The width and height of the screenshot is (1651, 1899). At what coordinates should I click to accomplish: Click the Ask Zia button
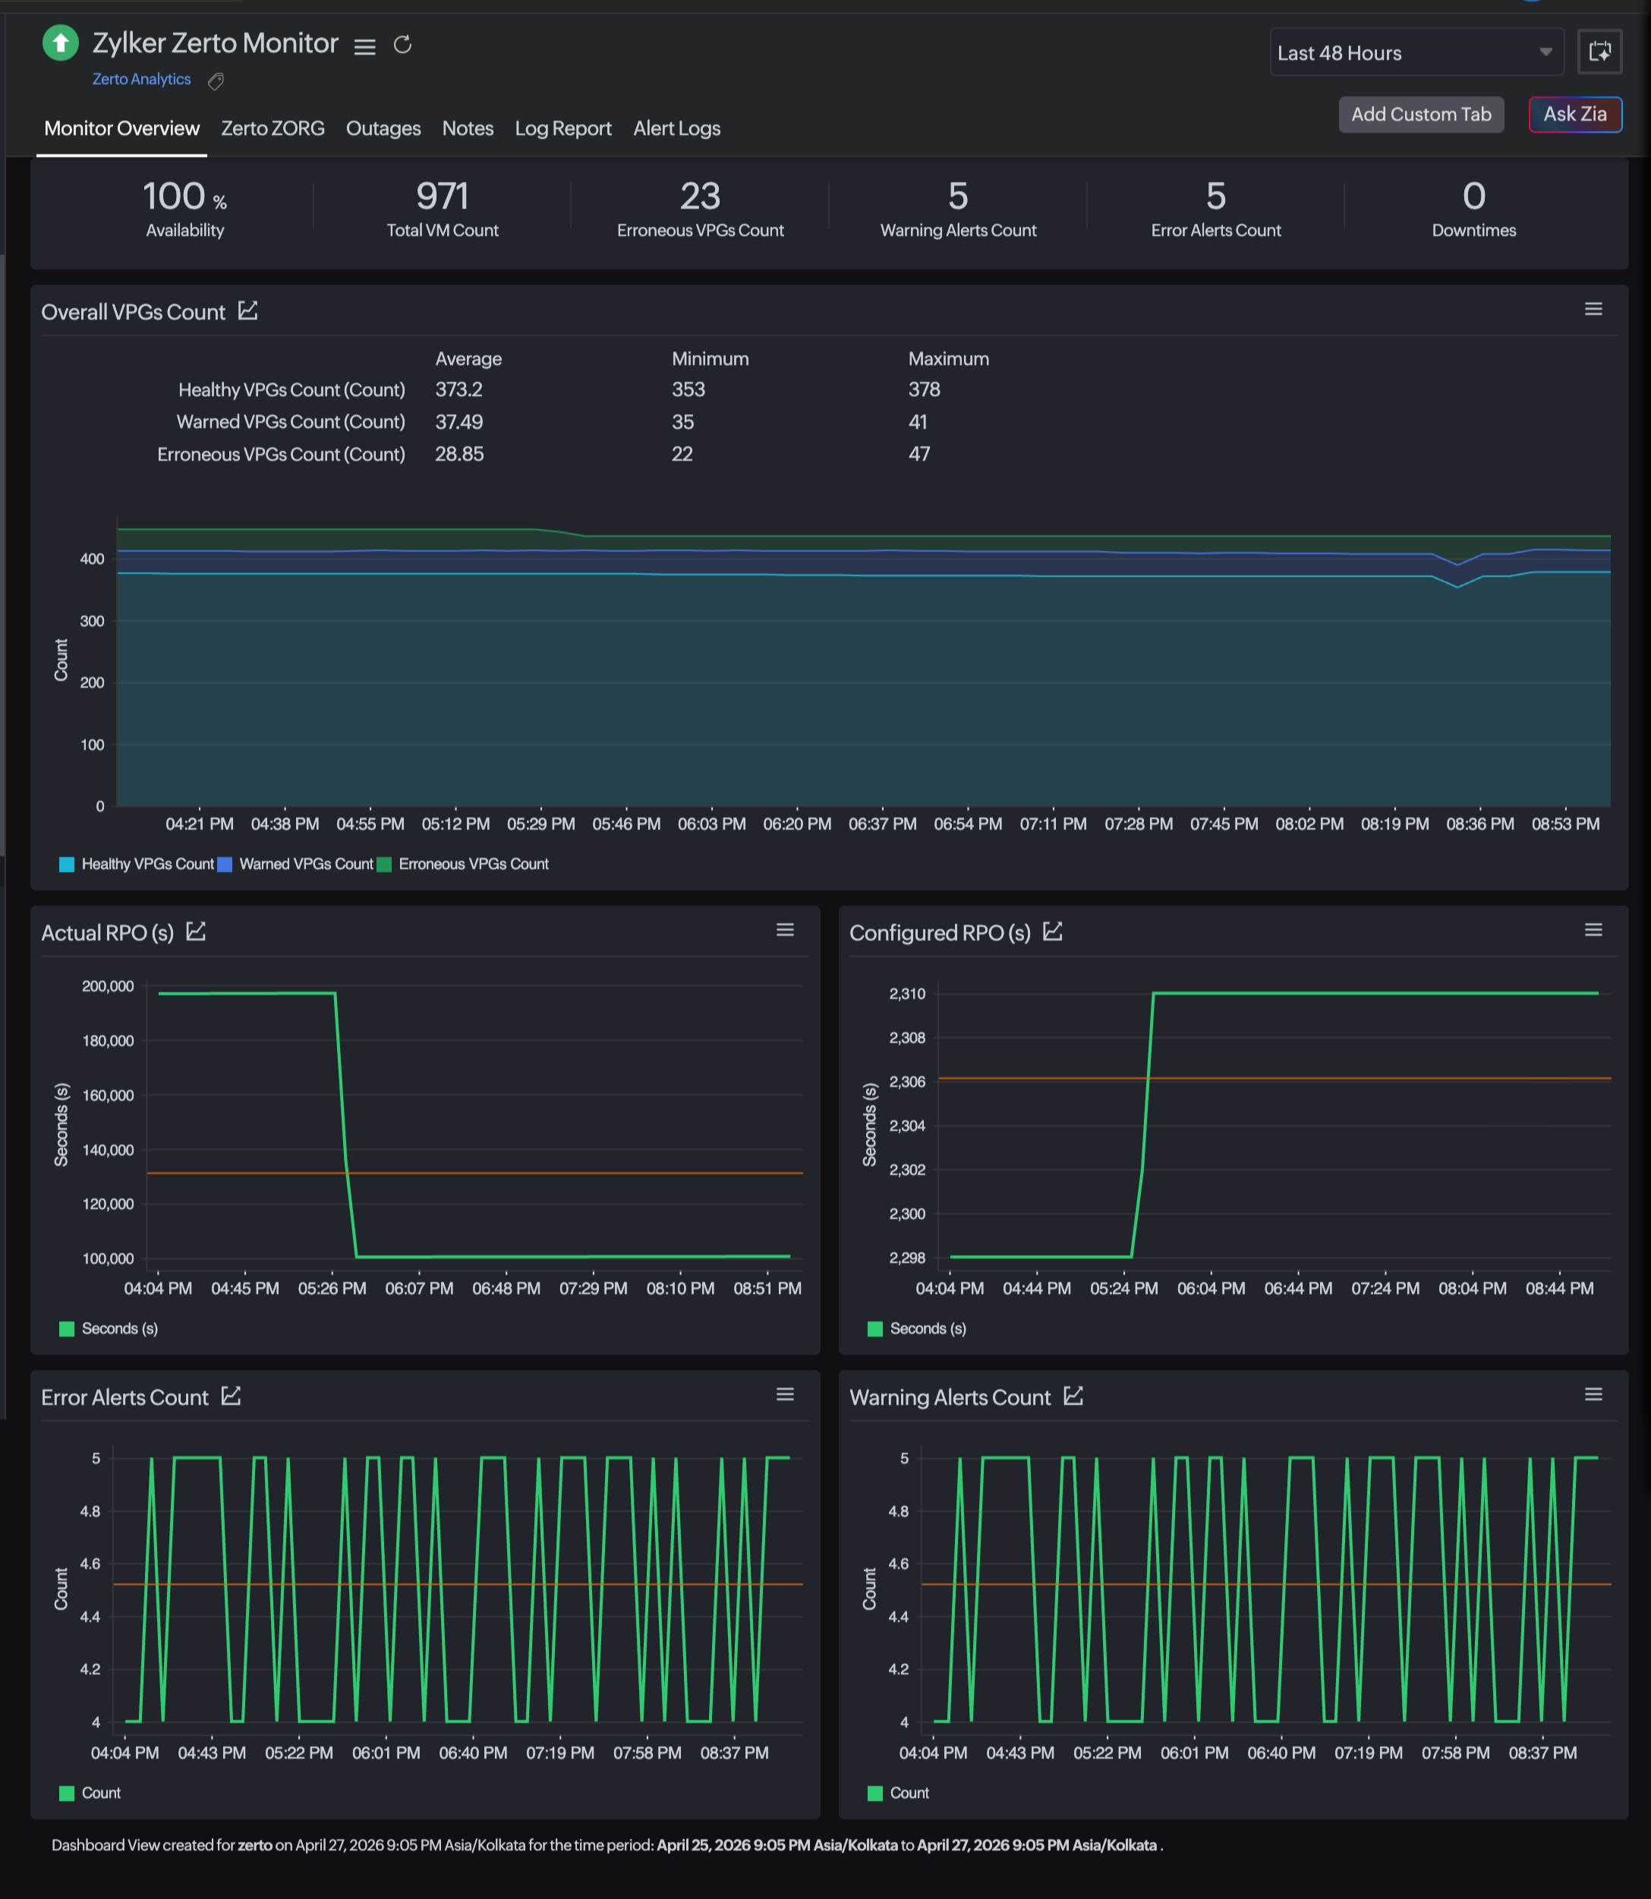pos(1574,115)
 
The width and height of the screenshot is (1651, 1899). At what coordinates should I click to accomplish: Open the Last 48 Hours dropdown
pos(1415,52)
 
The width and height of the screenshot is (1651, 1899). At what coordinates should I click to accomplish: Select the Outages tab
pos(383,128)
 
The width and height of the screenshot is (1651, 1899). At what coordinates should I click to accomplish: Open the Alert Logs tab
pos(676,128)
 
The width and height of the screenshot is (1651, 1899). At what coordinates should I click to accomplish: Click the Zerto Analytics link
pos(141,79)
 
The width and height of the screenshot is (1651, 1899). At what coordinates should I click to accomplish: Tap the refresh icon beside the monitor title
pos(402,44)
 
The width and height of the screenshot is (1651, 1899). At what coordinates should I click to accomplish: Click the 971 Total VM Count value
pos(443,197)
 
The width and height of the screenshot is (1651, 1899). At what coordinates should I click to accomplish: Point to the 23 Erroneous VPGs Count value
pos(700,197)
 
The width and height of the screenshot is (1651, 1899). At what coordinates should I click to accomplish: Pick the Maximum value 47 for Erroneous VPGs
pos(918,454)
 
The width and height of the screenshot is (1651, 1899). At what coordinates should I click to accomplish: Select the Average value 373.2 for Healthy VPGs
pos(458,390)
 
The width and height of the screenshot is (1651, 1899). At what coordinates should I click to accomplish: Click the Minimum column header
pos(710,358)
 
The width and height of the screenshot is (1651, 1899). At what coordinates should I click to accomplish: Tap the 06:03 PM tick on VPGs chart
pos(711,824)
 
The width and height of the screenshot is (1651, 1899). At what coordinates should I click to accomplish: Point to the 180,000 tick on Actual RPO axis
pos(108,1041)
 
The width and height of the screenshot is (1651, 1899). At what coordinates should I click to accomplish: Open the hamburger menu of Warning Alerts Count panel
pos(1593,1395)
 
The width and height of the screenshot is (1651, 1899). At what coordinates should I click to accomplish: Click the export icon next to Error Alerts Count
pos(232,1397)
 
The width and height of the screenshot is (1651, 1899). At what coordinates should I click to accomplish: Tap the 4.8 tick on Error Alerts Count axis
pos(90,1511)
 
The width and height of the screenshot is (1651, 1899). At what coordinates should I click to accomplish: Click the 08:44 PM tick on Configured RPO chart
pos(1559,1288)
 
